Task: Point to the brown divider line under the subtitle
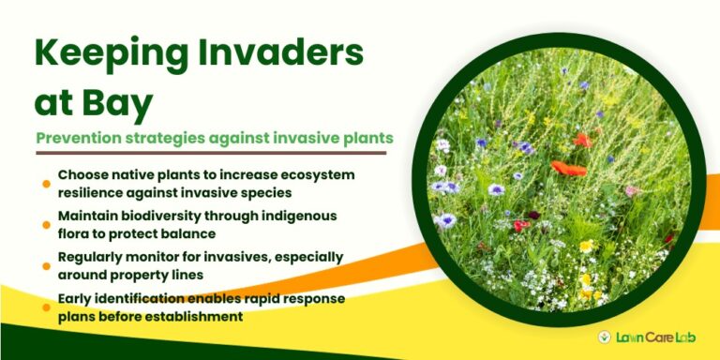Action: coord(211,153)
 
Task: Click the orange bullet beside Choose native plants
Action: coord(46,184)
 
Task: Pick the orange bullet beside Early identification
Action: coord(46,306)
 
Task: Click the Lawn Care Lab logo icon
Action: coord(607,337)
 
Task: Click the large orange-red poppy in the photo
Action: coord(568,169)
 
